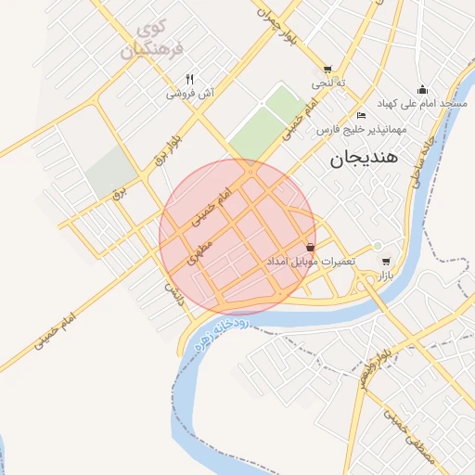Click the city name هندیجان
363,160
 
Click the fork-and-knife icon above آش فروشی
189,79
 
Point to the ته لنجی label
327,83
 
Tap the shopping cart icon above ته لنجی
327,70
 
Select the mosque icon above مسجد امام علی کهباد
423,89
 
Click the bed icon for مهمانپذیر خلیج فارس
361,116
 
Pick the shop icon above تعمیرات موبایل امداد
309,248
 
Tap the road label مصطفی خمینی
423,446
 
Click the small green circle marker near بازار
377,246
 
